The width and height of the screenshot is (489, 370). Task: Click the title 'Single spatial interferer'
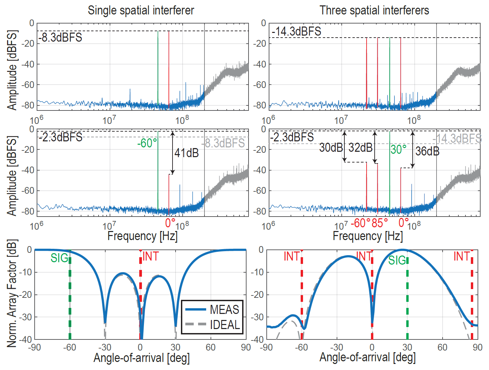coord(141,10)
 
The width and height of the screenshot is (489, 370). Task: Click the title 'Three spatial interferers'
coord(374,10)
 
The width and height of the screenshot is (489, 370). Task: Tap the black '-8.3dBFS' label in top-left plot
coord(61,37)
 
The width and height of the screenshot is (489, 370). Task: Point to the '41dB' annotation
coord(187,153)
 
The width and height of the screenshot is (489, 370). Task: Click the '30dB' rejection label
coord(331,147)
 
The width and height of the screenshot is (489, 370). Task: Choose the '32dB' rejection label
coord(361,147)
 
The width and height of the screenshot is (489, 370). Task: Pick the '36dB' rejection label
coord(427,151)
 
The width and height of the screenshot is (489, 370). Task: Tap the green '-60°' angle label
coord(147,143)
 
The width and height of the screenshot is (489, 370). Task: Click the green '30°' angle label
coord(399,149)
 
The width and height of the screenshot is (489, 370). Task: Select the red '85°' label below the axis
coord(380,223)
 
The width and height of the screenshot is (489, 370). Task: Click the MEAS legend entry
coord(224,309)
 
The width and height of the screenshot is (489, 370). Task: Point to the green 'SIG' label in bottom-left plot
coord(60,258)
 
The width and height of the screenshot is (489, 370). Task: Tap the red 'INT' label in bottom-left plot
coord(150,257)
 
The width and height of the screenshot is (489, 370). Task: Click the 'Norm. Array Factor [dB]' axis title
coord(12,293)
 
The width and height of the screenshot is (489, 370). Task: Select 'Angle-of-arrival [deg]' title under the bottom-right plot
coord(368,358)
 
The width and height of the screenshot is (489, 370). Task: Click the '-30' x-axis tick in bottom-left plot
coord(105,347)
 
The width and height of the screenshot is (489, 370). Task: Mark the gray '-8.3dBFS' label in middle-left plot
coord(224,143)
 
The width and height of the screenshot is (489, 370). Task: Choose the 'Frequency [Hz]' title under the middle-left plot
coord(142,236)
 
